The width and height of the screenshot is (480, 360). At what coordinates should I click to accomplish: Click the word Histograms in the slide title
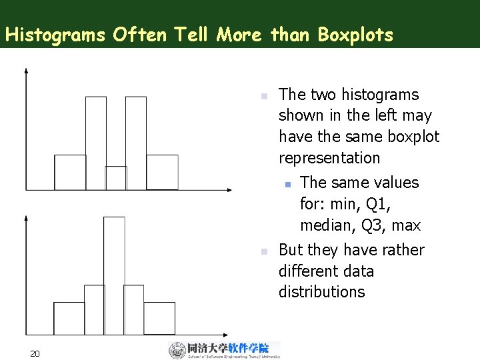pyautogui.click(x=55, y=35)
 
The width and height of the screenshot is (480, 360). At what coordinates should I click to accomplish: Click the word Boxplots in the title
pyautogui.click(x=355, y=35)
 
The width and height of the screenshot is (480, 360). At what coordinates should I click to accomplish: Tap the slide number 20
pyautogui.click(x=35, y=353)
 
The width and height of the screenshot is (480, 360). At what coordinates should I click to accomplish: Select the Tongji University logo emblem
pyautogui.click(x=177, y=351)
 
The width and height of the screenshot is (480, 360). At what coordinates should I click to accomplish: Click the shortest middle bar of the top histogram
pyautogui.click(x=116, y=178)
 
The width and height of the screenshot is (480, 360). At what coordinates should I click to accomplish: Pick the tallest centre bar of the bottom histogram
pyautogui.click(x=114, y=267)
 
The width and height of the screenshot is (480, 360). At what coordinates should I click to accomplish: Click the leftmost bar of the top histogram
pyautogui.click(x=70, y=173)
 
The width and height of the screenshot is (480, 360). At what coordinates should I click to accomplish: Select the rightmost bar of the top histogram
pyautogui.click(x=162, y=173)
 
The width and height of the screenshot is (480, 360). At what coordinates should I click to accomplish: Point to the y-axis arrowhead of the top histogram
pyautogui.click(x=25, y=70)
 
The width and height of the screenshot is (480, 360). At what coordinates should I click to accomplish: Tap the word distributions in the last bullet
pyautogui.click(x=321, y=292)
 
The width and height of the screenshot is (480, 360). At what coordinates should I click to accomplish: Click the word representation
pyautogui.click(x=329, y=158)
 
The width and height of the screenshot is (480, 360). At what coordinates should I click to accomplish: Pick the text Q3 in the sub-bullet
pyautogui.click(x=375, y=225)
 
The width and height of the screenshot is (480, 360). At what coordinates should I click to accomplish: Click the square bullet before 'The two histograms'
pyautogui.click(x=264, y=95)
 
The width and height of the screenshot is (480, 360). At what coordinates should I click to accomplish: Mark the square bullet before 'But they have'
pyautogui.click(x=264, y=251)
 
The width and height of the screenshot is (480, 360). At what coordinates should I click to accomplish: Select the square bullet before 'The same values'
pyautogui.click(x=287, y=183)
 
